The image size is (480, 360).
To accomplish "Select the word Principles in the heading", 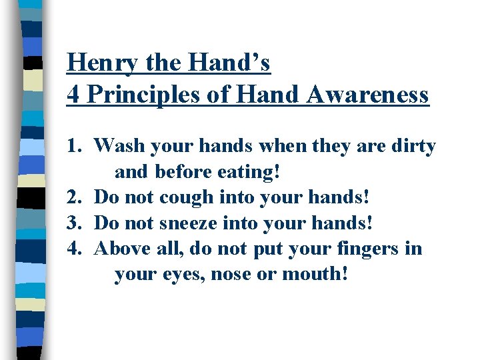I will (x=139, y=95).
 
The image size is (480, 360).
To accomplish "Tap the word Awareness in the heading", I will (x=369, y=95).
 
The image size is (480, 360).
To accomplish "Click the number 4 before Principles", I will (x=73, y=95).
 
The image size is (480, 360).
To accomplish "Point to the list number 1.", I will (x=75, y=145).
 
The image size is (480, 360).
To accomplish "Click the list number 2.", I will (x=73, y=197).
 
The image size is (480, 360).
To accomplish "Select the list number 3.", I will (x=73, y=223).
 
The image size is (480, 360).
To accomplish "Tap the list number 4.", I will (x=73, y=249).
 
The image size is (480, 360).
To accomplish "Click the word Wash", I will (x=118, y=145).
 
